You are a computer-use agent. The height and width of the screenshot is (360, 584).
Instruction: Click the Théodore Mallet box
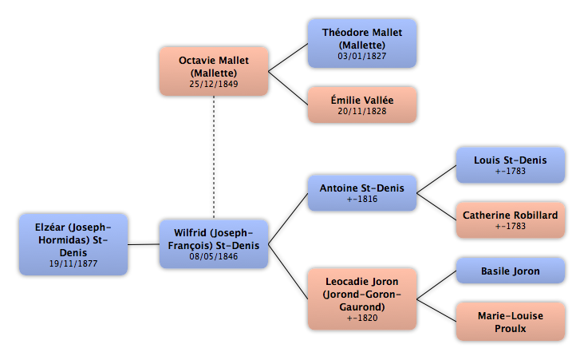(362, 44)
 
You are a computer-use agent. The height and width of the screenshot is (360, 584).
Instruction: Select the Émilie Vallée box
(362, 105)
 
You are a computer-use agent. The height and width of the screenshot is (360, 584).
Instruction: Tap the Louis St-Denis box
(511, 165)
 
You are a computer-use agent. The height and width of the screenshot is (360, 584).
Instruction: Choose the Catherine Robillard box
(511, 220)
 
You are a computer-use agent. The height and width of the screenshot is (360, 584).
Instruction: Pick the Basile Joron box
(511, 271)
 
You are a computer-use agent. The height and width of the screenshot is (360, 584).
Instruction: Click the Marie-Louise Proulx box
(511, 322)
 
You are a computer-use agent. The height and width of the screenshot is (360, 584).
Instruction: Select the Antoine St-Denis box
(362, 193)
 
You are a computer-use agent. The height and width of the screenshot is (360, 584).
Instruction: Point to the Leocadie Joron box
(362, 299)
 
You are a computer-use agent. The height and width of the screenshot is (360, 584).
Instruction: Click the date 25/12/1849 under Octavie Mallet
(213, 84)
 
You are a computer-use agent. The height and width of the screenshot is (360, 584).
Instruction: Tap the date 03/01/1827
(362, 56)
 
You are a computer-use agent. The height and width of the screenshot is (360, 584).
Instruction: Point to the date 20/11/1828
(362, 111)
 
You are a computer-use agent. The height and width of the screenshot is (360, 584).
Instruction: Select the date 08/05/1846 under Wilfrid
(213, 256)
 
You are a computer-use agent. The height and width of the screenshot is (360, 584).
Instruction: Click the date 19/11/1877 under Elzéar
(73, 263)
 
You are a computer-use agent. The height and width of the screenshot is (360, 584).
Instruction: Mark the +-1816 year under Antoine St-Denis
(362, 199)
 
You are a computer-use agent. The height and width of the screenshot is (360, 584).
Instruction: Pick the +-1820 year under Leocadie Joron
(362, 318)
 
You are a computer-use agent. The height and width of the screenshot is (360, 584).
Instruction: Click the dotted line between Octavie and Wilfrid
(214, 157)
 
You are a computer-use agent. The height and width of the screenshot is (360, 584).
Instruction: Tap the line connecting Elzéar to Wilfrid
(144, 244)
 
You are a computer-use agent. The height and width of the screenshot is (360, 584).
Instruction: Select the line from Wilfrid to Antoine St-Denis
(288, 219)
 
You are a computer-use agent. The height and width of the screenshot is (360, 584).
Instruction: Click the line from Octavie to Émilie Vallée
(288, 88)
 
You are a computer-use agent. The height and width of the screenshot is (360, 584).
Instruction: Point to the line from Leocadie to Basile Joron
(436, 285)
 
